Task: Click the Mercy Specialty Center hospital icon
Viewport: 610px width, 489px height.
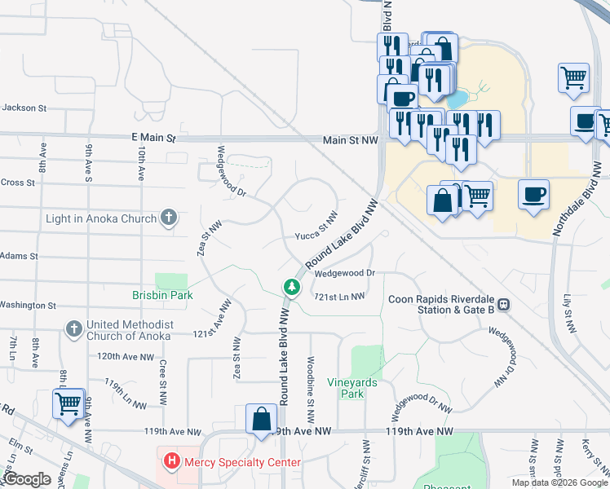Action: [172, 462]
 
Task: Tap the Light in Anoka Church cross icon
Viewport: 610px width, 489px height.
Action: [169, 218]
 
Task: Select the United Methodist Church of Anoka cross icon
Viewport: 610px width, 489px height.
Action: [73, 328]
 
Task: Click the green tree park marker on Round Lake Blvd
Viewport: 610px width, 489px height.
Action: [290, 287]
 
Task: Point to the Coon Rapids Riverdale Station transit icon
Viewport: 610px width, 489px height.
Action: [504, 304]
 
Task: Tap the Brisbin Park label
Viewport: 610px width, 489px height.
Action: [163, 295]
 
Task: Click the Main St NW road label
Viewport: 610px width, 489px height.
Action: [351, 140]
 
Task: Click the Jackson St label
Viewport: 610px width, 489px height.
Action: [20, 108]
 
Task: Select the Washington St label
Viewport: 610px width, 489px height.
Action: [27, 306]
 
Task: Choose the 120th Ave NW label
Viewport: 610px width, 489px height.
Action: [126, 357]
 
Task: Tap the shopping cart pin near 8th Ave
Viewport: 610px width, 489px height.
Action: [68, 402]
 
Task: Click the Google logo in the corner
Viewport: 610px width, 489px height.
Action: [27, 479]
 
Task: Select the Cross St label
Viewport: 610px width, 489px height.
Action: [18, 183]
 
